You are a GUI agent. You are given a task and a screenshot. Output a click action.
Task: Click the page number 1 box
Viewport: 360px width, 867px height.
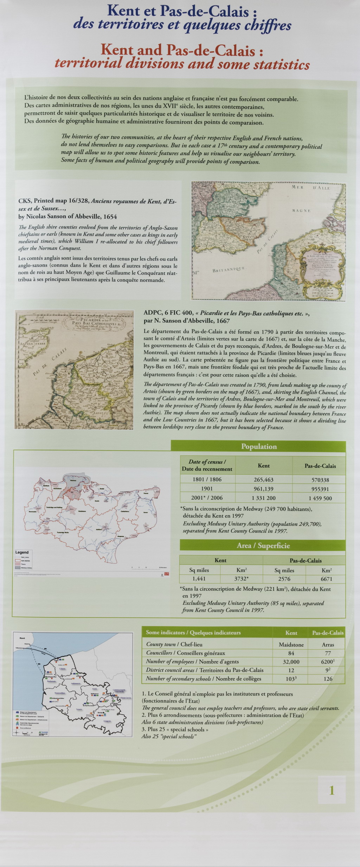(332, 790)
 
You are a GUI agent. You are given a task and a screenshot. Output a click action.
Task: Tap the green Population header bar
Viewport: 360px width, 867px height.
(258, 446)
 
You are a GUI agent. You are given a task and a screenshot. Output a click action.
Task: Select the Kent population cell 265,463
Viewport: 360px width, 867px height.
(263, 479)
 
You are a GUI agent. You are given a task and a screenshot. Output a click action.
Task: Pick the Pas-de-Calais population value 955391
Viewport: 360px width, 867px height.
(320, 489)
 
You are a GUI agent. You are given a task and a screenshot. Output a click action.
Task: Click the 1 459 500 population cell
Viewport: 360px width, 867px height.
(320, 498)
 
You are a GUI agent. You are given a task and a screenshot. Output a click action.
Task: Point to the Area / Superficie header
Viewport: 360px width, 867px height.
(263, 545)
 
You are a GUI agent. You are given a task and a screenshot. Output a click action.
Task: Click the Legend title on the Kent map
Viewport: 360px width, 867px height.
(22, 552)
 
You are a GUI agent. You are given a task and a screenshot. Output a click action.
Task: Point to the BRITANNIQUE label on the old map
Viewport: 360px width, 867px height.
(229, 270)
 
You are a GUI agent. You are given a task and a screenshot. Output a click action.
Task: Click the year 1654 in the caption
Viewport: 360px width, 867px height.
(110, 216)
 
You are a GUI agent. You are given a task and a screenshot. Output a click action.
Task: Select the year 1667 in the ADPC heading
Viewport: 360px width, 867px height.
(222, 321)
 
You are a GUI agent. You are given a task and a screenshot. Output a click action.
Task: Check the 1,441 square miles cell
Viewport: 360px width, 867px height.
(199, 578)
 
